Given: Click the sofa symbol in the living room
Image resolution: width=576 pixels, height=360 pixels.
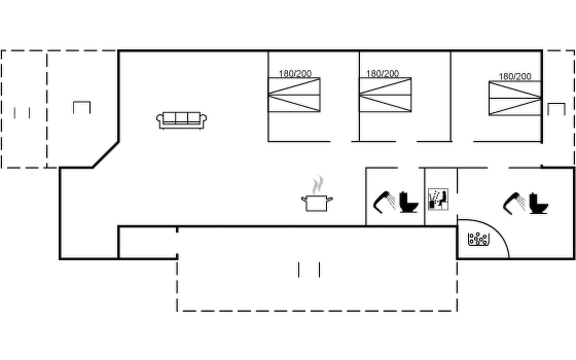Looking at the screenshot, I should [181, 120].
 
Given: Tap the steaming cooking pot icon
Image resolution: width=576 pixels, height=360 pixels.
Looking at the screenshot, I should [317, 203].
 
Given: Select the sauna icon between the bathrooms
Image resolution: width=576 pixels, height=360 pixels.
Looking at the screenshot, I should [438, 199].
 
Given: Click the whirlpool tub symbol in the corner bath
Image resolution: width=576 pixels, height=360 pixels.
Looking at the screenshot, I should [479, 239].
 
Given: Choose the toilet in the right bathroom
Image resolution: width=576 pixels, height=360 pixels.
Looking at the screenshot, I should [538, 204].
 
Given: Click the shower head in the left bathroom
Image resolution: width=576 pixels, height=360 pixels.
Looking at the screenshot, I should [384, 202].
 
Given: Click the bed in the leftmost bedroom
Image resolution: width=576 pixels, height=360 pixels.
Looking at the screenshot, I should [294, 95].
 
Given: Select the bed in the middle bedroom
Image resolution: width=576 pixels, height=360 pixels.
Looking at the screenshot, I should [385, 95].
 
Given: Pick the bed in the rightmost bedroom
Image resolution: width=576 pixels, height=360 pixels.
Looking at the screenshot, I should [515, 98].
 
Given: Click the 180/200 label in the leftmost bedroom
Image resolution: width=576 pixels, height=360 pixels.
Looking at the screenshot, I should [295, 73].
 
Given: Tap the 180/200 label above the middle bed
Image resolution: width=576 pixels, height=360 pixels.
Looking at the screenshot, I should [382, 73].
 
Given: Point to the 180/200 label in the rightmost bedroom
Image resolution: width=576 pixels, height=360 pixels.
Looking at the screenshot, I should [515, 76].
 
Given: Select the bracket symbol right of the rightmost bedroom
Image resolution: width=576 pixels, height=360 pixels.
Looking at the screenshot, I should [556, 109].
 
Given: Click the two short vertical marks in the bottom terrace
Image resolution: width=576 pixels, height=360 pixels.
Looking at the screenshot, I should [309, 270].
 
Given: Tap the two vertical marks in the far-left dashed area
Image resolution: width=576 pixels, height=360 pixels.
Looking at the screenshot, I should [22, 113].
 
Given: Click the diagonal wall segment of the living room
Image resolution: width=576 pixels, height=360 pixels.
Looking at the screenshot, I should [106, 155].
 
